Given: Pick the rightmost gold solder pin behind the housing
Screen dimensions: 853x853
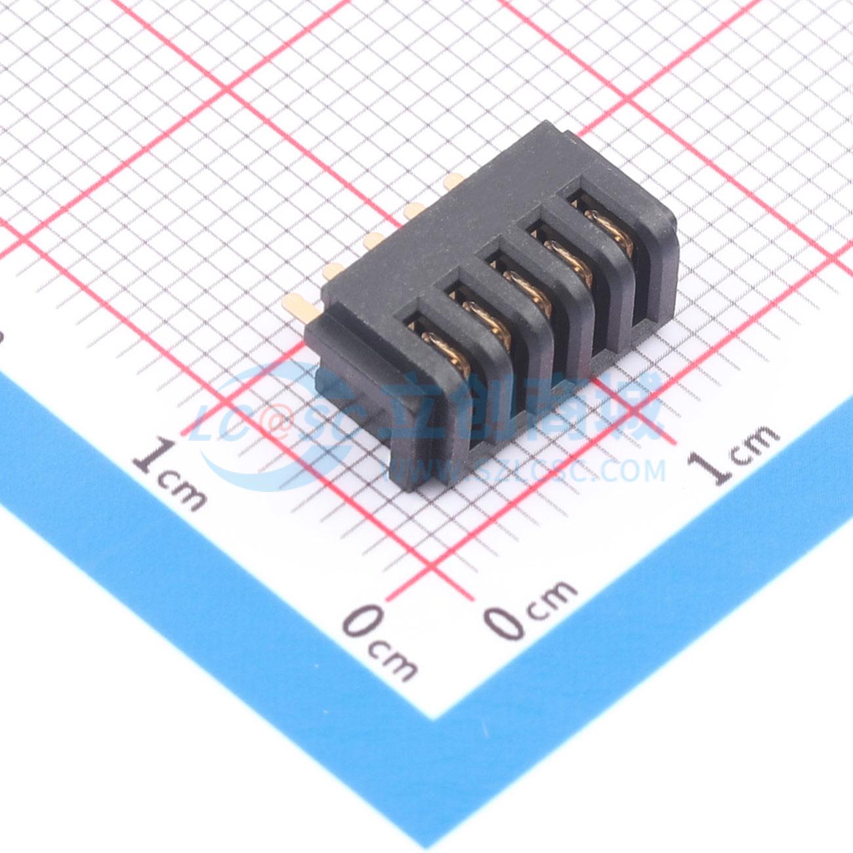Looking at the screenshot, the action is [454, 181].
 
